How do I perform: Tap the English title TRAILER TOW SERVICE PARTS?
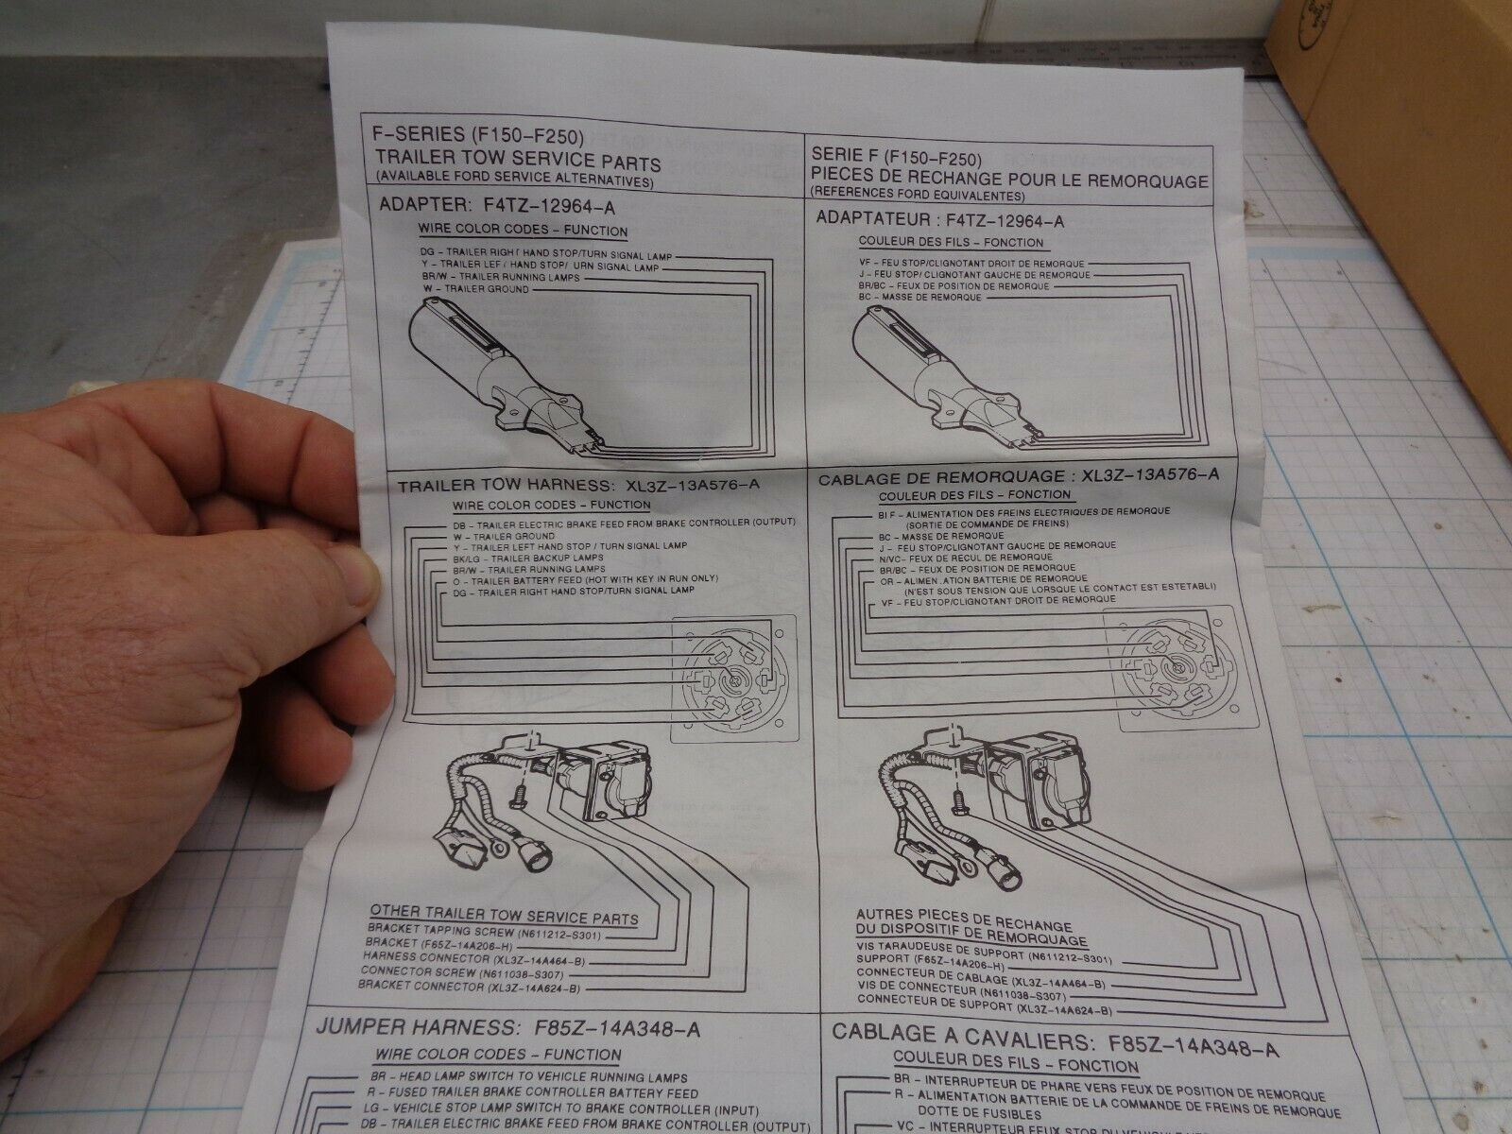[x=518, y=163]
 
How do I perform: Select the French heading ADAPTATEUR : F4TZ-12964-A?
[x=940, y=221]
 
